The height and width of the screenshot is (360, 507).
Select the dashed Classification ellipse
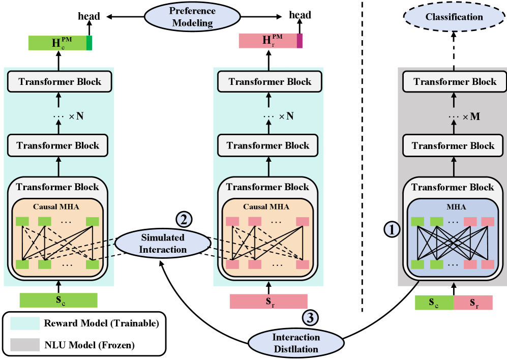(454, 17)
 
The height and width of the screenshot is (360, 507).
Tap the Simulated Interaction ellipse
(163, 243)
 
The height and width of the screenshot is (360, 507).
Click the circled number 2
(184, 219)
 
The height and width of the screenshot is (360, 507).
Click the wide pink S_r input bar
(269, 301)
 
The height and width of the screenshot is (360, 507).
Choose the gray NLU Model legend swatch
(23, 345)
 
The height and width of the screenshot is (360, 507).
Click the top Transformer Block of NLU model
(455, 81)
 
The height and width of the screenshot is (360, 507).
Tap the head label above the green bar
(88, 16)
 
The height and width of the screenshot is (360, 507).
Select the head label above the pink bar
(300, 15)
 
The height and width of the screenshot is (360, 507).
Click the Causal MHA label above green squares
(56, 206)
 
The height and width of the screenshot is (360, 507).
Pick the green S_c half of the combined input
(434, 303)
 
